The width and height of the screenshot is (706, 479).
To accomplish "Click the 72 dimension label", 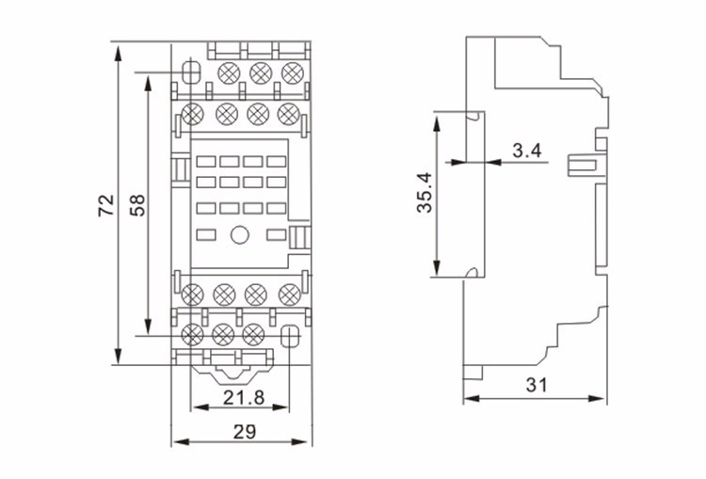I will [x=104, y=205].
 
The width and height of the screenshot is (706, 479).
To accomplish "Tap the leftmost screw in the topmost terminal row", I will [x=228, y=72].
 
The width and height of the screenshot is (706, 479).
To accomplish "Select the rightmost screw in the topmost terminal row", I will [x=291, y=72].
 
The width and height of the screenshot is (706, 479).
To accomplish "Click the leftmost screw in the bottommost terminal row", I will [x=194, y=333].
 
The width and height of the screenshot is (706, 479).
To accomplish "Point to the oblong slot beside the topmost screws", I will [x=191, y=72].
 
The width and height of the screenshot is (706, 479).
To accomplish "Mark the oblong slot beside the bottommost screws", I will [x=289, y=333].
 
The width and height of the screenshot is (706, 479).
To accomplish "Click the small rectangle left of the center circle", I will [x=206, y=234].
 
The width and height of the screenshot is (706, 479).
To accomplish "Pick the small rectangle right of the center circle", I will [x=275, y=234].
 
